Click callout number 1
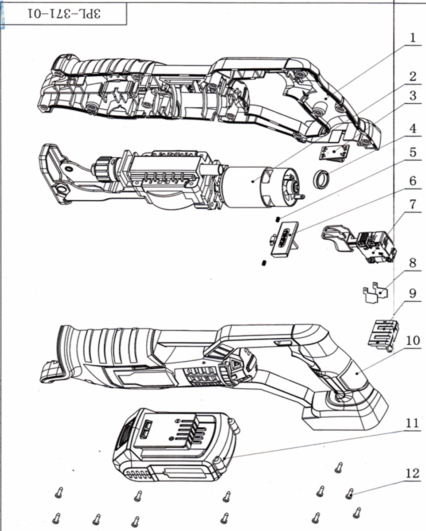pos(413,38)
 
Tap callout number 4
pos(413,129)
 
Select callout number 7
pos(413,205)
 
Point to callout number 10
pos(413,340)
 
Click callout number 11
pos(412,423)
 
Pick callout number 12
pos(412,473)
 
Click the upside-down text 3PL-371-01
pos(64,14)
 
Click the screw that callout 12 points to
pos(349,493)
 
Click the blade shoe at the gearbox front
pos(55,173)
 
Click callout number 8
pos(413,263)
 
